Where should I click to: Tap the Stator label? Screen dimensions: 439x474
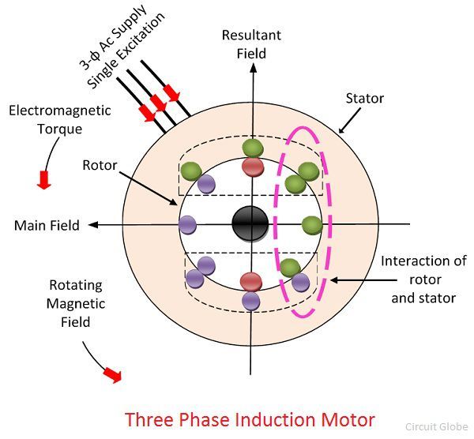point(365,99)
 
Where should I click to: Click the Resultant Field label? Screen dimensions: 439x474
point(251,44)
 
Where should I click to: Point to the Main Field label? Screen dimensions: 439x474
point(47,225)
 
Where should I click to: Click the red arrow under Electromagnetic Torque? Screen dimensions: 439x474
point(43,180)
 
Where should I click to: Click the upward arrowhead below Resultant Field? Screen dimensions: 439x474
point(252,68)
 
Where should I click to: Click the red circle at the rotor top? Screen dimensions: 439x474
point(252,166)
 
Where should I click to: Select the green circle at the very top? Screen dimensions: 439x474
point(252,148)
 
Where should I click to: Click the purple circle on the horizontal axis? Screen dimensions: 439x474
point(188,225)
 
